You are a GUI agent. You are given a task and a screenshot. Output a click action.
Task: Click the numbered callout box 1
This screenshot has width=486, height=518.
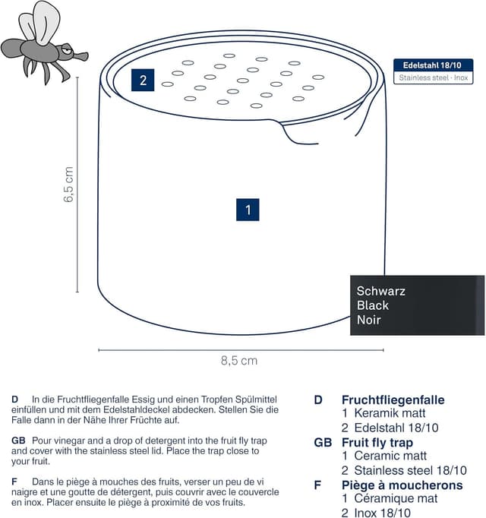pyautogui.click(x=248, y=210)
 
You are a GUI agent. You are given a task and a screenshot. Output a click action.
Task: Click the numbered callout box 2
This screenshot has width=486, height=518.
pyautogui.click(x=143, y=80)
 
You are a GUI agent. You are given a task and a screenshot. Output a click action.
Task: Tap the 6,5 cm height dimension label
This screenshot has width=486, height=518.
pyautogui.click(x=68, y=185)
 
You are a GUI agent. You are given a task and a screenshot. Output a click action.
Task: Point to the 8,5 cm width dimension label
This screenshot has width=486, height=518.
pyautogui.click(x=239, y=361)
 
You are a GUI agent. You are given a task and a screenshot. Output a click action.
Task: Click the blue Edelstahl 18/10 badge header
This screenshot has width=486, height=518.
pyautogui.click(x=433, y=65)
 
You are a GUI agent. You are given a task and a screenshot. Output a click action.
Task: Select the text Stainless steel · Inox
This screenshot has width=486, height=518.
pyautogui.click(x=433, y=77)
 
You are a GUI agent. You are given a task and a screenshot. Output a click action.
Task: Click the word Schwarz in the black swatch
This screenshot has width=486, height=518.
pyautogui.click(x=381, y=291)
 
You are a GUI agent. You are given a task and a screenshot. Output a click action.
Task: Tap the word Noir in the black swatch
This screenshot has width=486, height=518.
pyautogui.click(x=369, y=320)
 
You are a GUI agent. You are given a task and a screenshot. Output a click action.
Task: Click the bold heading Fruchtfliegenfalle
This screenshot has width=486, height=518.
pyautogui.click(x=393, y=400)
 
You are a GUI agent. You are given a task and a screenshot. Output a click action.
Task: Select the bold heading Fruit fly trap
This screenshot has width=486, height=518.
pyautogui.click(x=377, y=442)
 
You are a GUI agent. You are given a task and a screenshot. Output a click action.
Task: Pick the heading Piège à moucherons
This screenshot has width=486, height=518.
pyautogui.click(x=402, y=485)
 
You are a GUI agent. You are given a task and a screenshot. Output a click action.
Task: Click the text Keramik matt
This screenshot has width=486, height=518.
pyautogui.click(x=390, y=413)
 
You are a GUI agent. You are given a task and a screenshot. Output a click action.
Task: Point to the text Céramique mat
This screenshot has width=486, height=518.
pyautogui.click(x=396, y=498)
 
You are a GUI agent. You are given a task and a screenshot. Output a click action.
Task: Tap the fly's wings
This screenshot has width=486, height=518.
pyautogui.click(x=40, y=23)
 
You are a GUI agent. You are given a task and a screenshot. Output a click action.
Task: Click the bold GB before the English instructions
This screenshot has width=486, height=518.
pyautogui.click(x=18, y=441)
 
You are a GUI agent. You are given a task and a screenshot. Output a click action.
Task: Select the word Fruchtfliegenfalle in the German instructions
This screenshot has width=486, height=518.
pyautogui.click(x=93, y=400)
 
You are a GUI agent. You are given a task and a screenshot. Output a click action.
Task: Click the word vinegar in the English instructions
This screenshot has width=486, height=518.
pyautogui.click(x=68, y=441)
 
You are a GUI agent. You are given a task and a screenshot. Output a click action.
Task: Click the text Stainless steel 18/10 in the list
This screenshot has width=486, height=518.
pyautogui.click(x=410, y=470)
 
